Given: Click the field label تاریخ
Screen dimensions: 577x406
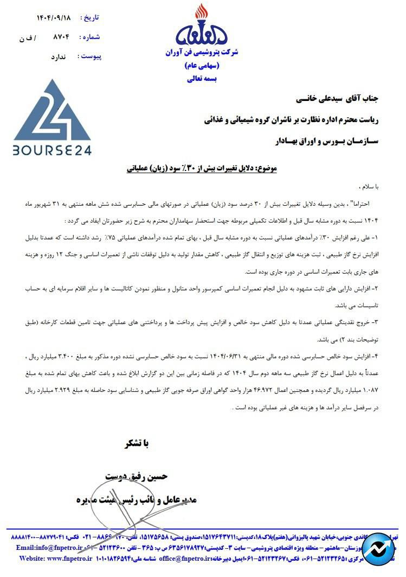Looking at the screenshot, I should click(90, 17).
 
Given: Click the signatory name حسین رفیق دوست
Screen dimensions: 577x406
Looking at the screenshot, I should click(139, 476).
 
